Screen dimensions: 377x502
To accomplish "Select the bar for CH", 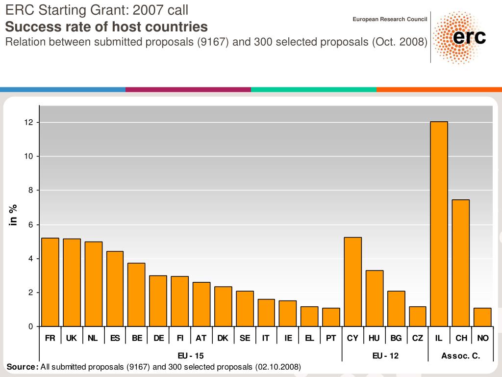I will point(460,263).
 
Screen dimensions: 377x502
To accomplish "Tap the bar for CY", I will point(352,282).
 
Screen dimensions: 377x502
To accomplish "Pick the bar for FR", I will point(50,282).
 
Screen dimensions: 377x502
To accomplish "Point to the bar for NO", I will point(482,317).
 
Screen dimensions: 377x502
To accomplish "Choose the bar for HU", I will point(375,298).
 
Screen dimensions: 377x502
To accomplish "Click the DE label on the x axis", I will point(158,338).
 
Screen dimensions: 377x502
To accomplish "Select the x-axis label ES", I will point(115,338).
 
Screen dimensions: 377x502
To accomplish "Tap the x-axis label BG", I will point(396,338).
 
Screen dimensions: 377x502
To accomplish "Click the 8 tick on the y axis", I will point(31,190).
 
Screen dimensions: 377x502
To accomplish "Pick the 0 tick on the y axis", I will point(31,326).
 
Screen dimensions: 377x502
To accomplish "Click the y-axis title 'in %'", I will point(14,215).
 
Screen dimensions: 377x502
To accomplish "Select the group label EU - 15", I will point(191,356).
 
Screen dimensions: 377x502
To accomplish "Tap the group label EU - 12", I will point(385,356).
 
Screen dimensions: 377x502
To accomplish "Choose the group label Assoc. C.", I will point(460,356).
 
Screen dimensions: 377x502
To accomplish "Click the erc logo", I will point(460,37).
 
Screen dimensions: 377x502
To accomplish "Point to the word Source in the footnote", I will point(22,367).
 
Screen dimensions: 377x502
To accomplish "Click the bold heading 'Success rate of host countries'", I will point(106,27).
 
